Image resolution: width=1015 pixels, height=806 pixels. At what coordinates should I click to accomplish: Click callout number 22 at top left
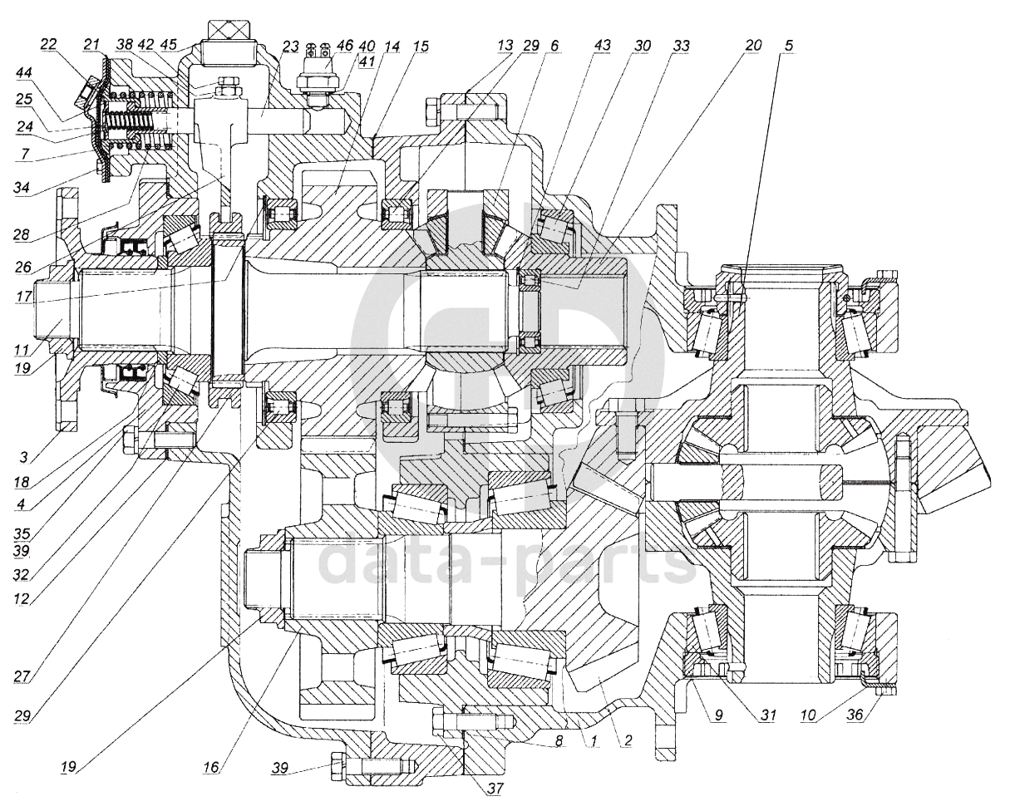(x=48, y=45)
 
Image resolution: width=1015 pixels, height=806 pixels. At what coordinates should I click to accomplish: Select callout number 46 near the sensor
(x=345, y=47)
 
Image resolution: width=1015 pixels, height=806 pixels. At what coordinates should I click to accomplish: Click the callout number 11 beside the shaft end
(x=22, y=350)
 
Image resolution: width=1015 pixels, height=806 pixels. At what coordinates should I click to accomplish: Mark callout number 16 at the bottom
(x=211, y=768)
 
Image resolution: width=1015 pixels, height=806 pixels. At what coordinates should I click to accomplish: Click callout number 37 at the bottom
(x=495, y=788)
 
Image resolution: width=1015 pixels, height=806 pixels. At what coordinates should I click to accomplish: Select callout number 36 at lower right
(x=855, y=715)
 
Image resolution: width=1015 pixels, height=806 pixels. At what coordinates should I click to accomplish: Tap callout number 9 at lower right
(x=718, y=715)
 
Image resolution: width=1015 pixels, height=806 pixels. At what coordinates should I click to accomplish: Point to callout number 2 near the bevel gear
(x=627, y=741)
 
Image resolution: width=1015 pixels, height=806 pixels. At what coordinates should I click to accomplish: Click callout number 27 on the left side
(x=22, y=677)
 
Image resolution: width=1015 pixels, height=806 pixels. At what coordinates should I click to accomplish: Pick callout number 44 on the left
(x=23, y=73)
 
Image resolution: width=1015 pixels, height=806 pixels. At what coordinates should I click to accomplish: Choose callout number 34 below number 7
(x=22, y=188)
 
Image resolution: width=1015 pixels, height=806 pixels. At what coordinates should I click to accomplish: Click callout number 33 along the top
(x=681, y=46)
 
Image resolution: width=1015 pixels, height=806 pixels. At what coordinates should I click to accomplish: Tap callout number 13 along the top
(x=505, y=46)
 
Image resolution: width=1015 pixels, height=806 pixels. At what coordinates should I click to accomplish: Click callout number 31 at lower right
(x=767, y=715)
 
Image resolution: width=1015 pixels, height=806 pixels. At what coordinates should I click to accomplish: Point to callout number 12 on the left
(x=22, y=600)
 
